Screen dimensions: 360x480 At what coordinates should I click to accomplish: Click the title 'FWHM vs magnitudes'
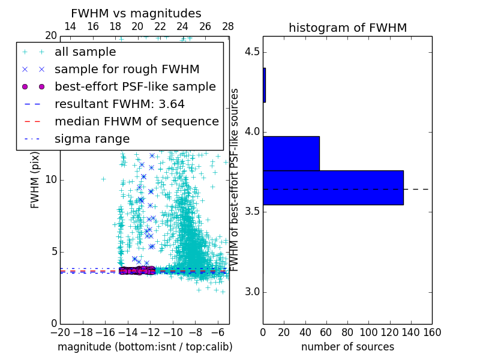tap(136, 14)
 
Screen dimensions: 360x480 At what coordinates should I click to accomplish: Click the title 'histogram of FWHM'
tap(347, 28)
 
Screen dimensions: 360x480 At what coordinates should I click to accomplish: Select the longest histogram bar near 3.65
tap(333, 188)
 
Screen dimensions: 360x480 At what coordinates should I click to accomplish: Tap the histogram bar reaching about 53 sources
tap(291, 153)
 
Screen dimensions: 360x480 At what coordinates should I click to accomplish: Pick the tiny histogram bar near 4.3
tap(264, 85)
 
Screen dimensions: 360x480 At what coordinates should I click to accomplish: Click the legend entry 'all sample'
tap(85, 52)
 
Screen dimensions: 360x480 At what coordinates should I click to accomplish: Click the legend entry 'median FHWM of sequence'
tap(136, 121)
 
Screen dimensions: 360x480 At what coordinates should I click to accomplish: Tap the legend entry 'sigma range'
tap(92, 139)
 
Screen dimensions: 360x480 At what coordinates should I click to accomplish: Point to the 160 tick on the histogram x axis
tap(431, 332)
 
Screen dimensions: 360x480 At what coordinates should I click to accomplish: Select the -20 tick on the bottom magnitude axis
tap(60, 332)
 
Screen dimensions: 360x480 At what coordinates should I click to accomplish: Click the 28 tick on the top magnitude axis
tap(228, 27)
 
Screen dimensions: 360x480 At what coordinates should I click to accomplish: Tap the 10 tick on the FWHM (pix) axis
tap(51, 180)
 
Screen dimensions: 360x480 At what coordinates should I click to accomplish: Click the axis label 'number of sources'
tap(347, 347)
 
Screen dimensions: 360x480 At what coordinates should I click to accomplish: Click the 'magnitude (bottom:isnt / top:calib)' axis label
tap(145, 347)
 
